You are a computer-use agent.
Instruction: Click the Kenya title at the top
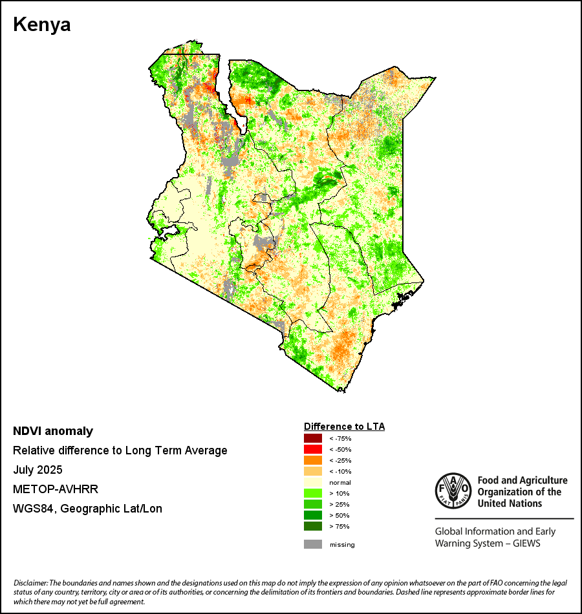click(x=42, y=25)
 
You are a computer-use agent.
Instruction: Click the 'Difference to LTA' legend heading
click(x=344, y=427)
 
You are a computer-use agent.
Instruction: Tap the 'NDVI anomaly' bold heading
click(x=53, y=431)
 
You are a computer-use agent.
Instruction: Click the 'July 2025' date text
click(x=38, y=470)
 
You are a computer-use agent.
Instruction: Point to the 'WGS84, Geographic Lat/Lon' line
click(x=87, y=509)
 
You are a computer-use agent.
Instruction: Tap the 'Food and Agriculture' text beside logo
click(x=523, y=480)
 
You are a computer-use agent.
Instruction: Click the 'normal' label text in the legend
click(x=339, y=483)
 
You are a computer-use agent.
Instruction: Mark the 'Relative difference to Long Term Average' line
click(x=120, y=450)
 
